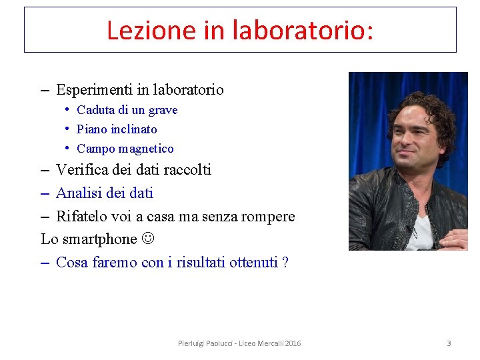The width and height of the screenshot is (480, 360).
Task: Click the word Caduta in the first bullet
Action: tap(95, 110)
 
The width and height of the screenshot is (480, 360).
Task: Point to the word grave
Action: tap(163, 110)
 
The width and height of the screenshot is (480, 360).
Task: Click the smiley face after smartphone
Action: tap(147, 239)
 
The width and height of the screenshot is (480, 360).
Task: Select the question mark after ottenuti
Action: tap(285, 263)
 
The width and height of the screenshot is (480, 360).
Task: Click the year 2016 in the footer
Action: tap(293, 343)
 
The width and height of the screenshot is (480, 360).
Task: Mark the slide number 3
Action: tap(449, 343)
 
